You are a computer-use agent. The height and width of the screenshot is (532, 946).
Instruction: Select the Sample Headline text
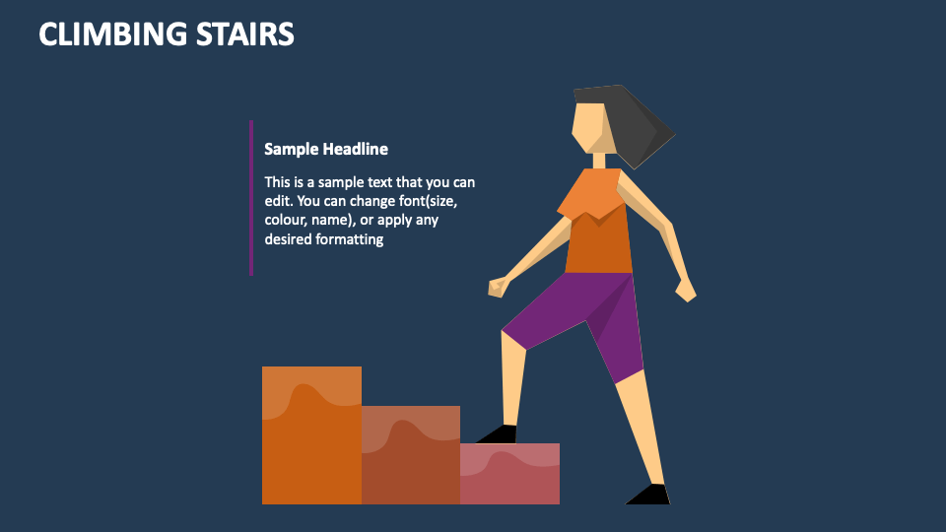pyautogui.click(x=326, y=149)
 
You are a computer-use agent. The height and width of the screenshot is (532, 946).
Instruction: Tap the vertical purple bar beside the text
pyautogui.click(x=251, y=197)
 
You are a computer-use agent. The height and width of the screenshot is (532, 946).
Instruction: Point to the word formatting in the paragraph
pyautogui.click(x=349, y=239)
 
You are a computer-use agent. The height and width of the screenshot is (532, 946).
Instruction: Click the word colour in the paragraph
pyautogui.click(x=287, y=221)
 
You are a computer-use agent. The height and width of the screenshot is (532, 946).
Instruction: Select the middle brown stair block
pyautogui.click(x=411, y=458)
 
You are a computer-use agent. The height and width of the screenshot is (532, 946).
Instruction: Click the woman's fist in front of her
pyautogui.click(x=498, y=287)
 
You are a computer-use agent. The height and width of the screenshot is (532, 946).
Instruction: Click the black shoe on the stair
pyautogui.click(x=499, y=434)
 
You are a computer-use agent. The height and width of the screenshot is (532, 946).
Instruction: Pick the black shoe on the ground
pyautogui.click(x=649, y=495)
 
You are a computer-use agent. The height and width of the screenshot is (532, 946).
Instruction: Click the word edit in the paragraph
pyautogui.click(x=279, y=201)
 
